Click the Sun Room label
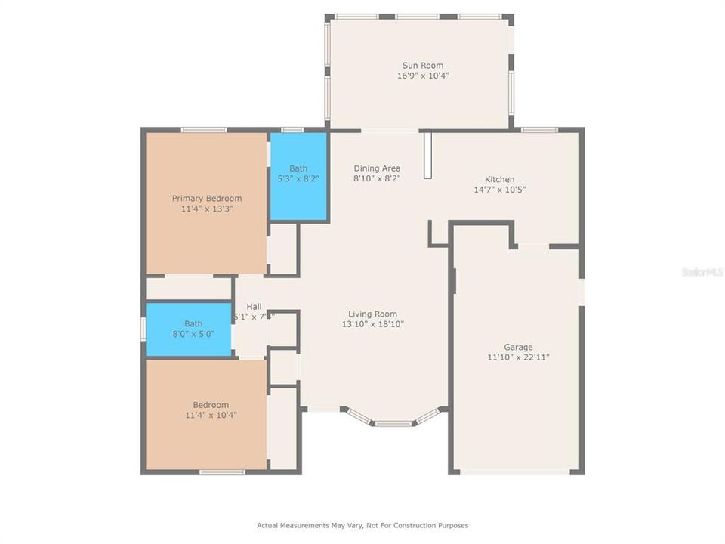pyautogui.click(x=422, y=66)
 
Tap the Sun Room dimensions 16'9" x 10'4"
pyautogui.click(x=422, y=76)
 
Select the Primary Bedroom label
pyautogui.click(x=207, y=199)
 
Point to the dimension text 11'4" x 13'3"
pyautogui.click(x=207, y=209)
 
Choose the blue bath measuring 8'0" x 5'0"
pyautogui.click(x=189, y=329)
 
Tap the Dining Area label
pyautogui.click(x=377, y=168)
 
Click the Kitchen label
pyautogui.click(x=499, y=180)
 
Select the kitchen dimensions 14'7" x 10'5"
pyautogui.click(x=499, y=190)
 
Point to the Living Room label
pyautogui.click(x=372, y=314)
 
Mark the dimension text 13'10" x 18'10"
pyautogui.click(x=372, y=324)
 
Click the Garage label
pyautogui.click(x=518, y=348)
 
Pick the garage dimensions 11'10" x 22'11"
pyautogui.click(x=518, y=357)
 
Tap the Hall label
pyautogui.click(x=254, y=307)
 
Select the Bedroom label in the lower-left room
pyautogui.click(x=211, y=405)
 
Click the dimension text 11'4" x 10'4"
pyautogui.click(x=211, y=415)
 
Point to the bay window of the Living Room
pyautogui.click(x=393, y=421)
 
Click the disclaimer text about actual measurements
pyautogui.click(x=362, y=525)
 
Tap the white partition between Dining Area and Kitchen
pyautogui.click(x=427, y=156)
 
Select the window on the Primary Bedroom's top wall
pyautogui.click(x=203, y=130)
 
